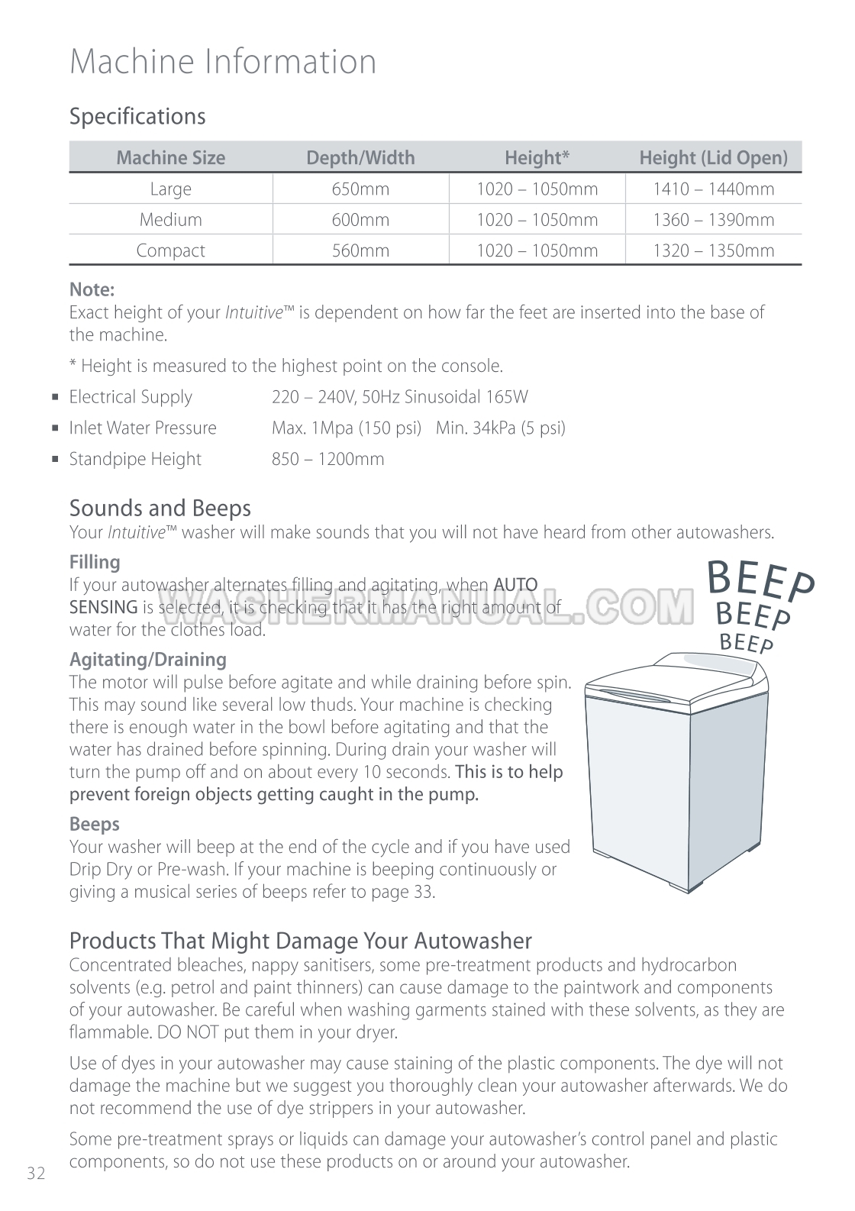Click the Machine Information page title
[x=223, y=61]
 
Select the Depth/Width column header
[x=360, y=158]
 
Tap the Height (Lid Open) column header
[x=713, y=158]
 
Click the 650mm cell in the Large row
[x=360, y=189]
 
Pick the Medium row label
[x=170, y=220]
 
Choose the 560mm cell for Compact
[x=360, y=250]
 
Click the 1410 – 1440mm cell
[x=713, y=189]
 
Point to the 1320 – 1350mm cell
[x=713, y=250]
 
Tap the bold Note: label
[x=92, y=289]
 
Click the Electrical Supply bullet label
[x=131, y=397]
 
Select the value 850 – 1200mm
[x=327, y=459]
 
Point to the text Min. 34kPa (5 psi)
[x=501, y=428]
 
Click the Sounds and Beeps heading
[x=160, y=508]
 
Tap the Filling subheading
[x=95, y=562]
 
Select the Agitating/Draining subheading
[x=147, y=659]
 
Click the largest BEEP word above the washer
[x=760, y=583]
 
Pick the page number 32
[x=36, y=1174]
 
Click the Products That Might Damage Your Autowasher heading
[x=300, y=940]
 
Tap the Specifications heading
[x=137, y=116]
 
